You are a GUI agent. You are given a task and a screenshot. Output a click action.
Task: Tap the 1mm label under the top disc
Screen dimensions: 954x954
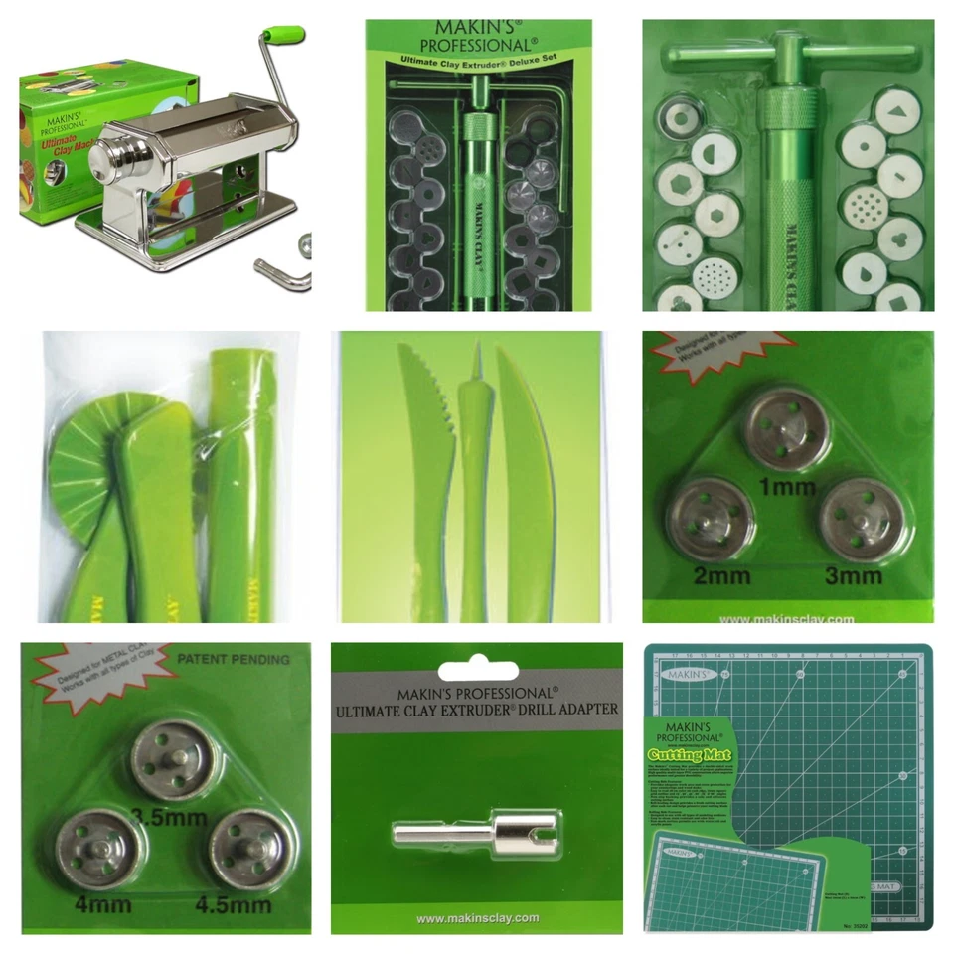[x=788, y=487]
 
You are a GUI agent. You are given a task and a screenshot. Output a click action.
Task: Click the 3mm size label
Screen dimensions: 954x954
[x=854, y=574]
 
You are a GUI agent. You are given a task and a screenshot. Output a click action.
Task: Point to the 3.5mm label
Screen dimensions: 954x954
[x=169, y=818]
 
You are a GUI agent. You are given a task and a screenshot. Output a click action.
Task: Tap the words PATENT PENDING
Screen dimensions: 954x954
[x=233, y=659]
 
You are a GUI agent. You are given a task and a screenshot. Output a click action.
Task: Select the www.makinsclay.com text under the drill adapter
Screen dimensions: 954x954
[x=477, y=917]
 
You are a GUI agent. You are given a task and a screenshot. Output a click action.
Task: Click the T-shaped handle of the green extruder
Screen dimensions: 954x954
[x=789, y=59]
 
